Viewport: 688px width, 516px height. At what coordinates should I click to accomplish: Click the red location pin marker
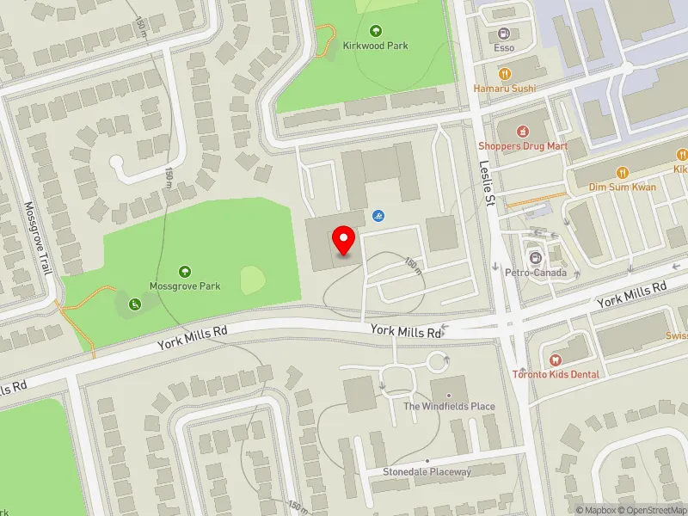345,240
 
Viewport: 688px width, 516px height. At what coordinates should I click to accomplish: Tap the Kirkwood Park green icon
375,31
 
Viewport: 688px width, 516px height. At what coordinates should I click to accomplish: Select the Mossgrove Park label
185,286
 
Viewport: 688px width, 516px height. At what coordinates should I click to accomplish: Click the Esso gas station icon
504,34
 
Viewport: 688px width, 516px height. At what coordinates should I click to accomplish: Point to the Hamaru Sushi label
504,89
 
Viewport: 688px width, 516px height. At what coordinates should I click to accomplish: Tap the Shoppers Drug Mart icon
522,132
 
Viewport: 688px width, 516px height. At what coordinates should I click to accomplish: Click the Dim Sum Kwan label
622,187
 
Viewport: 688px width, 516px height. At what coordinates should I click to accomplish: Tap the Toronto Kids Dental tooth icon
556,359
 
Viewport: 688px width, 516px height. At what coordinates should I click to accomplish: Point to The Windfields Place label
450,406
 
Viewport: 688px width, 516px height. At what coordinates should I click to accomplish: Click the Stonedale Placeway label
427,471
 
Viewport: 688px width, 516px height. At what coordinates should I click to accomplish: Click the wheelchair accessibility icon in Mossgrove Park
135,304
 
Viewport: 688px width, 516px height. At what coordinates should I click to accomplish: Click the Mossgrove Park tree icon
185,271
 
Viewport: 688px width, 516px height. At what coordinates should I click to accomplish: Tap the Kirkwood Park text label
375,46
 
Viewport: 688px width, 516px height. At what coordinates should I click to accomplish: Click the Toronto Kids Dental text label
556,374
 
